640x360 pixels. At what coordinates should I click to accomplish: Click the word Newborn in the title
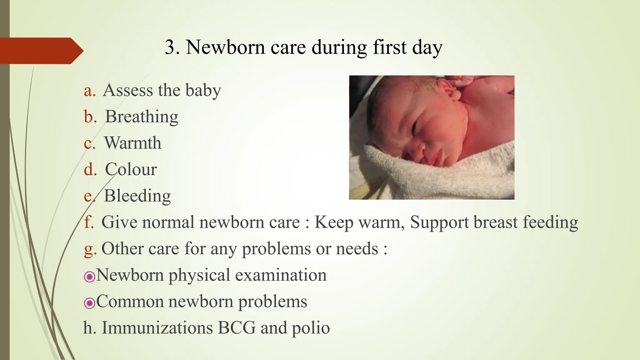225,47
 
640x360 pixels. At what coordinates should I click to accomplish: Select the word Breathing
142,117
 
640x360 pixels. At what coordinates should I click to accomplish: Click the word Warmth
132,143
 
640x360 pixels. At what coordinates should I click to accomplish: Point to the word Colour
131,169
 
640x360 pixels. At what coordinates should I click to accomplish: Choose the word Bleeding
137,196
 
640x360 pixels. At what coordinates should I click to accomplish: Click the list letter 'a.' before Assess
90,90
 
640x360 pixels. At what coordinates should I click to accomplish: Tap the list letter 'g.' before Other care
90,249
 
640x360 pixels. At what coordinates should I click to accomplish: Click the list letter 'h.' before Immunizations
89,328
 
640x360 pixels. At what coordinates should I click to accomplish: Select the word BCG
237,328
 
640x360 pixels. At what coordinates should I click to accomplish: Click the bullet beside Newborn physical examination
89,277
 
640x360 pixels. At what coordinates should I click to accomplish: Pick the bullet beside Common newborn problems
89,303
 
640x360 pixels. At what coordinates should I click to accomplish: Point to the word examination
281,275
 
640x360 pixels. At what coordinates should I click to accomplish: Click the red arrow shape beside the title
41,51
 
